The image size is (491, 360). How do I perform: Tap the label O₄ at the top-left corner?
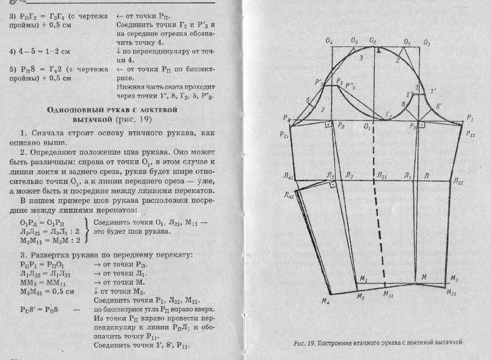[329, 41]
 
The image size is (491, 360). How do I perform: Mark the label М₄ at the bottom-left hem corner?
[326, 301]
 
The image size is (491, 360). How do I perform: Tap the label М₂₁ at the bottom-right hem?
[452, 292]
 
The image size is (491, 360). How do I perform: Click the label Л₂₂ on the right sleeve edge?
[457, 182]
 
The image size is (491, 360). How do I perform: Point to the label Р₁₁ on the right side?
[470, 134]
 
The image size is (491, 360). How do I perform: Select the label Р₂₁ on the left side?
[284, 134]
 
